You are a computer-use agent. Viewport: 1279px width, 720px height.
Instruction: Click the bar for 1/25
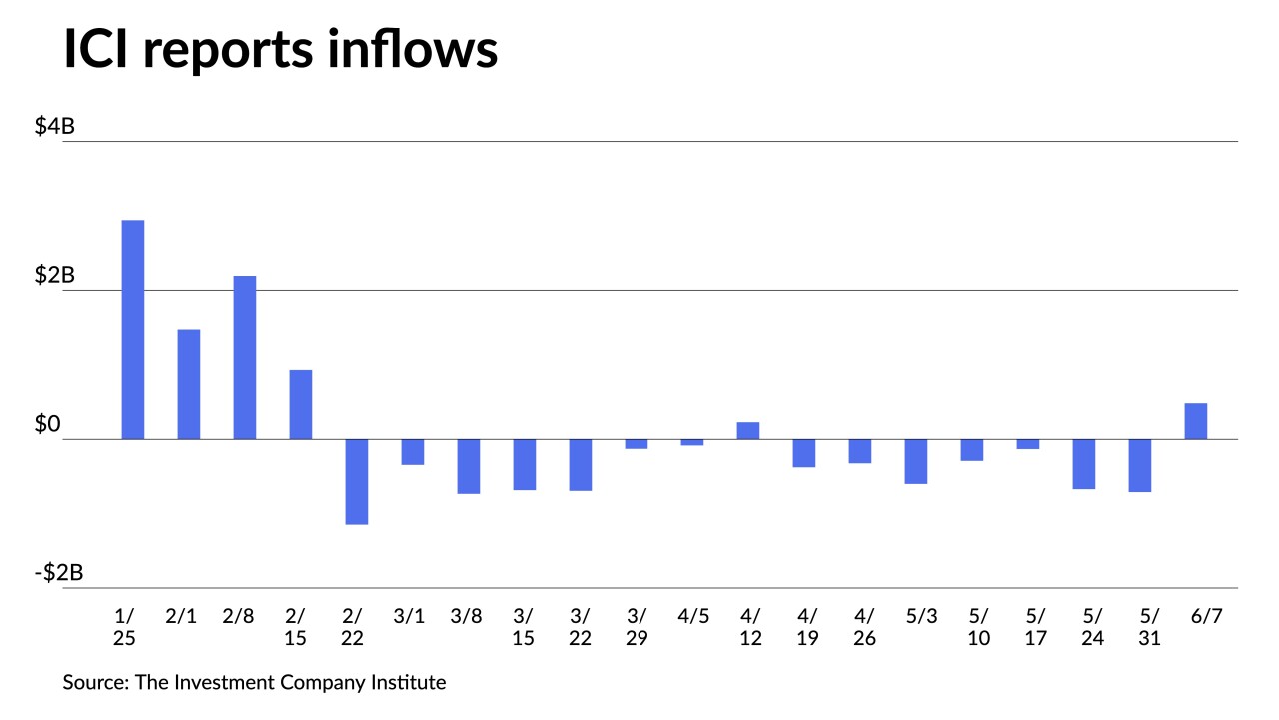click(133, 329)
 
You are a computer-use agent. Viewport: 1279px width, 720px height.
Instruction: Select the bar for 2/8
click(245, 357)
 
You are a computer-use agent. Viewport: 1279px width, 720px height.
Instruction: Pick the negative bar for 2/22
click(357, 481)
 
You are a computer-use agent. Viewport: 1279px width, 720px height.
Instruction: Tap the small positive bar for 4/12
click(748, 430)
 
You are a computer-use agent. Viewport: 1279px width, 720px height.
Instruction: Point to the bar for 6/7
click(1196, 421)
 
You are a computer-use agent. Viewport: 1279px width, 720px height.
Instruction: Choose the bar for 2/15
click(301, 404)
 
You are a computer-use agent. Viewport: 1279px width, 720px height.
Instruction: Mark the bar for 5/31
click(1140, 465)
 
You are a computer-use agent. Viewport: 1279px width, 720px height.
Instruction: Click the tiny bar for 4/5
click(692, 442)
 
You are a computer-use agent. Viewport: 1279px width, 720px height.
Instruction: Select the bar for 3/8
click(469, 466)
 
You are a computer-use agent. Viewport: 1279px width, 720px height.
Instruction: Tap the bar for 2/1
click(189, 384)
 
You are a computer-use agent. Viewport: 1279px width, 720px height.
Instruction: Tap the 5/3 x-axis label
click(917, 616)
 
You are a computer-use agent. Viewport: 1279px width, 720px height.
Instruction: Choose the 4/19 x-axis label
click(805, 626)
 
